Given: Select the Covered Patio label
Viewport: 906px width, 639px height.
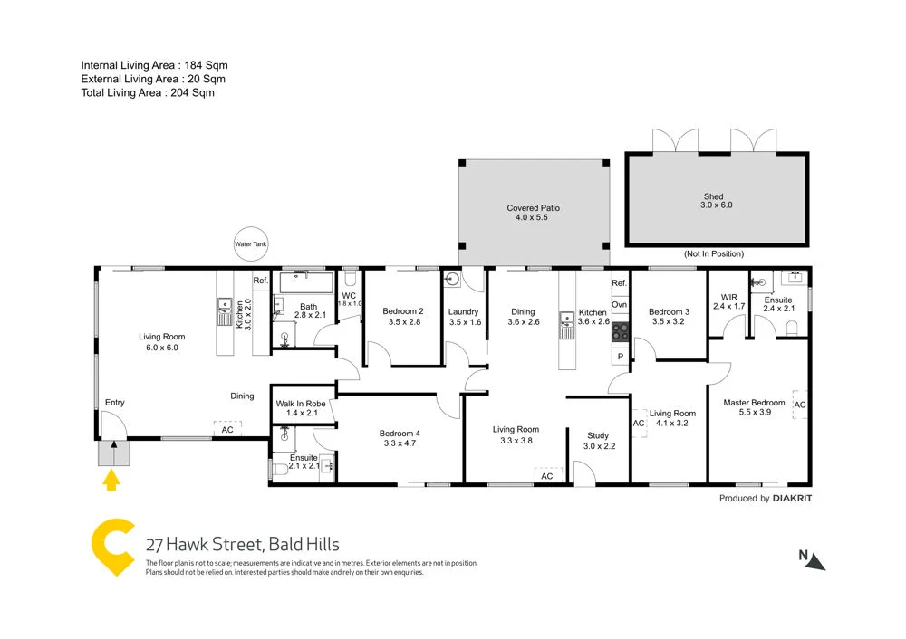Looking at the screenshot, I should tap(533, 214).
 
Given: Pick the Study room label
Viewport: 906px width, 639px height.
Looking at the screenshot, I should tap(597, 441).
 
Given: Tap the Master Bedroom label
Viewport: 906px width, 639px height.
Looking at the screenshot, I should tap(754, 408).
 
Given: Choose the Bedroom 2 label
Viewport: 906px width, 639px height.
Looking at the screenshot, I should tap(403, 316).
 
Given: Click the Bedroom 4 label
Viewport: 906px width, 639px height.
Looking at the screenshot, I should tap(400, 438).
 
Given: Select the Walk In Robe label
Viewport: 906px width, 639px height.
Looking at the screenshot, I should tap(301, 407).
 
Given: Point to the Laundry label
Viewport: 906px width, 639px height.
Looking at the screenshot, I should tap(463, 317).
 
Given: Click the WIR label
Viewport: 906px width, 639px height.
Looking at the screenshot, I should tap(728, 301).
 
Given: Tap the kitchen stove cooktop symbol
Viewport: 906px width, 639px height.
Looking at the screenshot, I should tap(621, 331).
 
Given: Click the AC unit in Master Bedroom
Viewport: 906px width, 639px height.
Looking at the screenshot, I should tap(799, 404).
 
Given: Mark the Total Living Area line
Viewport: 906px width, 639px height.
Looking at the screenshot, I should tap(149, 92).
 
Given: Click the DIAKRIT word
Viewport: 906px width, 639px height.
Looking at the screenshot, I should tap(793, 499).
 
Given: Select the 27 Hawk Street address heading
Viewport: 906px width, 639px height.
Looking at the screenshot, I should tap(243, 544).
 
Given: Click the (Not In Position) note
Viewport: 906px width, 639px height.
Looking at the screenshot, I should tap(714, 254).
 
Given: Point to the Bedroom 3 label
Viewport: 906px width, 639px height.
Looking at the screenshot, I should tap(669, 317).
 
